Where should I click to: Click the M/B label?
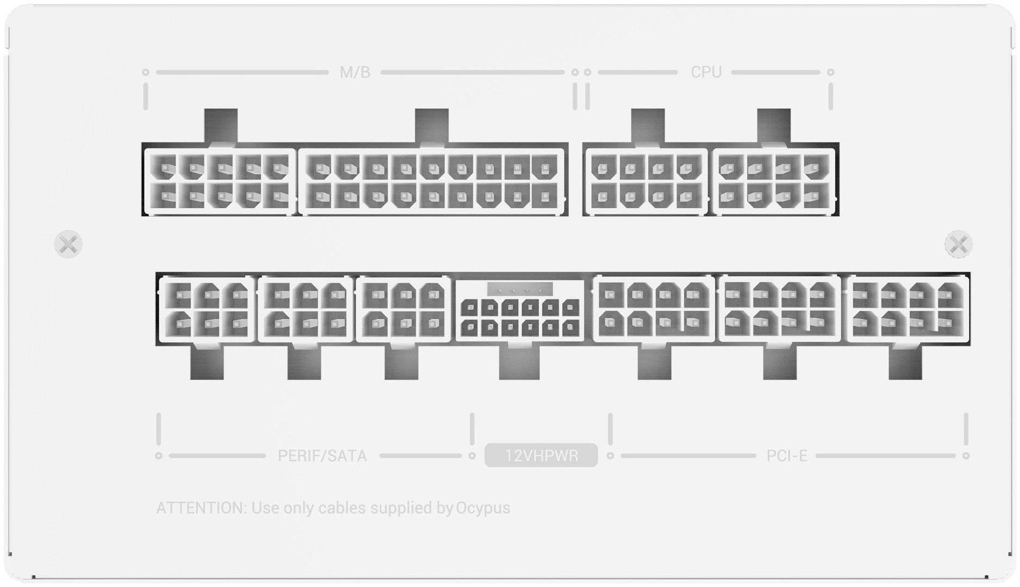[355, 72]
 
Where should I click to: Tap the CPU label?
[706, 72]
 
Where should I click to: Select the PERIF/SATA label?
[322, 455]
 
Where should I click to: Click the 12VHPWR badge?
[541, 455]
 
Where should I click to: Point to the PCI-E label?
[787, 455]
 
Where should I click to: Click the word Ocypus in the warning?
[483, 508]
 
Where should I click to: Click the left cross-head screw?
[68, 244]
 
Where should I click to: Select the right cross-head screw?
[959, 244]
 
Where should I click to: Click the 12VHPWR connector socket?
[520, 311]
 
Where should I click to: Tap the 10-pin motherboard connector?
[220, 182]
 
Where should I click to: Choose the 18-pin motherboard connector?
[432, 182]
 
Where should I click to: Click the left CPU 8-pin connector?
[646, 182]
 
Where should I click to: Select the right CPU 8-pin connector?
[774, 182]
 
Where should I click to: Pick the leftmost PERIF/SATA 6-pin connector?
[207, 310]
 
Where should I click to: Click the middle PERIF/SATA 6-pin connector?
[305, 310]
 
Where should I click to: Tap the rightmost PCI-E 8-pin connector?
[908, 310]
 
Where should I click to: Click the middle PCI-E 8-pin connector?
[780, 310]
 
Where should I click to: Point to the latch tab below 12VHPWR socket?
[520, 362]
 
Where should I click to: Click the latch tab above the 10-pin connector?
[221, 126]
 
